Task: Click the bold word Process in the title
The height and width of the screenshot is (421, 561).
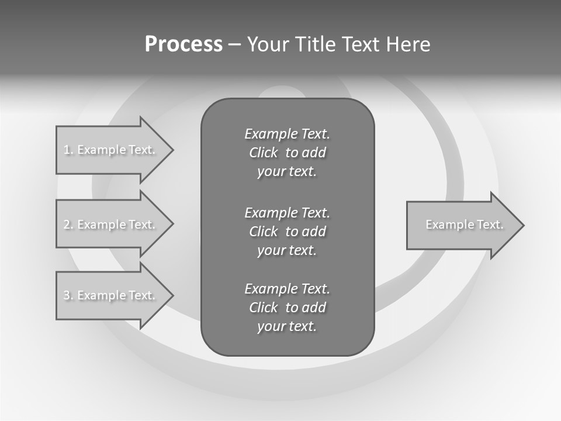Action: (183, 44)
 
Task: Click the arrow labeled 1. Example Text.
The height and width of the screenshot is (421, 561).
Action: (111, 150)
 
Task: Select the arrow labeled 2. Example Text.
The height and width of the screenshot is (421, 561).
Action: (111, 225)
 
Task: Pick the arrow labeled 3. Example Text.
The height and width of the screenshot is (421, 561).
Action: (111, 295)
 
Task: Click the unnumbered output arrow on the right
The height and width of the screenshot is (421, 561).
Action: (462, 225)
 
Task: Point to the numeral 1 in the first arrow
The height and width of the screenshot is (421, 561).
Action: (67, 150)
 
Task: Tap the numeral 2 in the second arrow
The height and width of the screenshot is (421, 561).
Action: (67, 225)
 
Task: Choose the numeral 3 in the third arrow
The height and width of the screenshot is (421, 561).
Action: (67, 295)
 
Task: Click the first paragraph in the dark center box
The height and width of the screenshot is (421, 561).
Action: (287, 153)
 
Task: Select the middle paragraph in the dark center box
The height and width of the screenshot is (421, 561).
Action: (287, 231)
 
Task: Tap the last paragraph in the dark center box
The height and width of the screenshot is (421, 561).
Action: (287, 308)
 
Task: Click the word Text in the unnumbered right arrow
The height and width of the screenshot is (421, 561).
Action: (490, 225)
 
